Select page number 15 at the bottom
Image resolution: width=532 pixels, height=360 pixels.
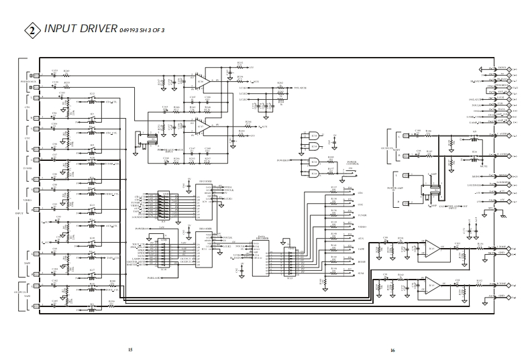(x=130, y=350)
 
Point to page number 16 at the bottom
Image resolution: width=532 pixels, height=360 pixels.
(x=392, y=350)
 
